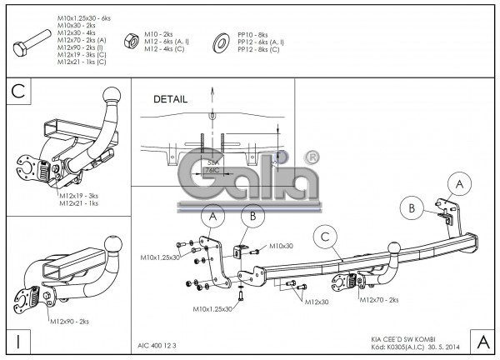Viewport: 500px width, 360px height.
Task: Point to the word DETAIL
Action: (x=171, y=98)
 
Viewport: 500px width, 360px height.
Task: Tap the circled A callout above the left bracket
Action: (x=212, y=217)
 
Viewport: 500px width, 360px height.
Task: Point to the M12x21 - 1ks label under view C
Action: (x=80, y=203)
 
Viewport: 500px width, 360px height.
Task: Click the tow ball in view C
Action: (x=112, y=104)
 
